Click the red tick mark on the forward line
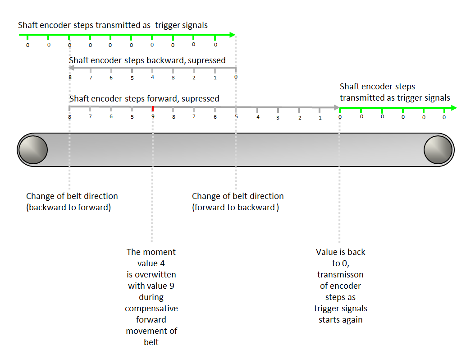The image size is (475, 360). (x=153, y=109)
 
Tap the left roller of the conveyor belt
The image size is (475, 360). (x=33, y=150)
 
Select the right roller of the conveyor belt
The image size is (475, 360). (x=438, y=150)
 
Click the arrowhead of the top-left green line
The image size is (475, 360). (x=233, y=35)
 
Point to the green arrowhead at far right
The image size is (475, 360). (x=454, y=108)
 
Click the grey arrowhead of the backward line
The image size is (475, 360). (x=72, y=68)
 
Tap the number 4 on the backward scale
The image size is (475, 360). (x=153, y=77)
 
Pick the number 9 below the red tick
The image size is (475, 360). (x=153, y=116)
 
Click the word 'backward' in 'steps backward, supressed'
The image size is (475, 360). (x=166, y=60)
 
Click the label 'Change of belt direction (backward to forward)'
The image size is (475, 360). (x=72, y=202)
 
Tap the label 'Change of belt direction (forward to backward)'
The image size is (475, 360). (x=238, y=202)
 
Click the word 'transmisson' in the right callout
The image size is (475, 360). (x=340, y=274)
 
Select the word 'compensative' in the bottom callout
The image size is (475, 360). (x=151, y=309)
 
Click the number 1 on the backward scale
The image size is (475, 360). (x=215, y=78)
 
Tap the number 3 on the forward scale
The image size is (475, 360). (x=278, y=118)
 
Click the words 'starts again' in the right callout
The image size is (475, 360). (x=341, y=320)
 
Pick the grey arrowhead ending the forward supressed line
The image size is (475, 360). (x=336, y=107)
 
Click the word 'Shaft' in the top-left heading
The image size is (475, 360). (x=28, y=25)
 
